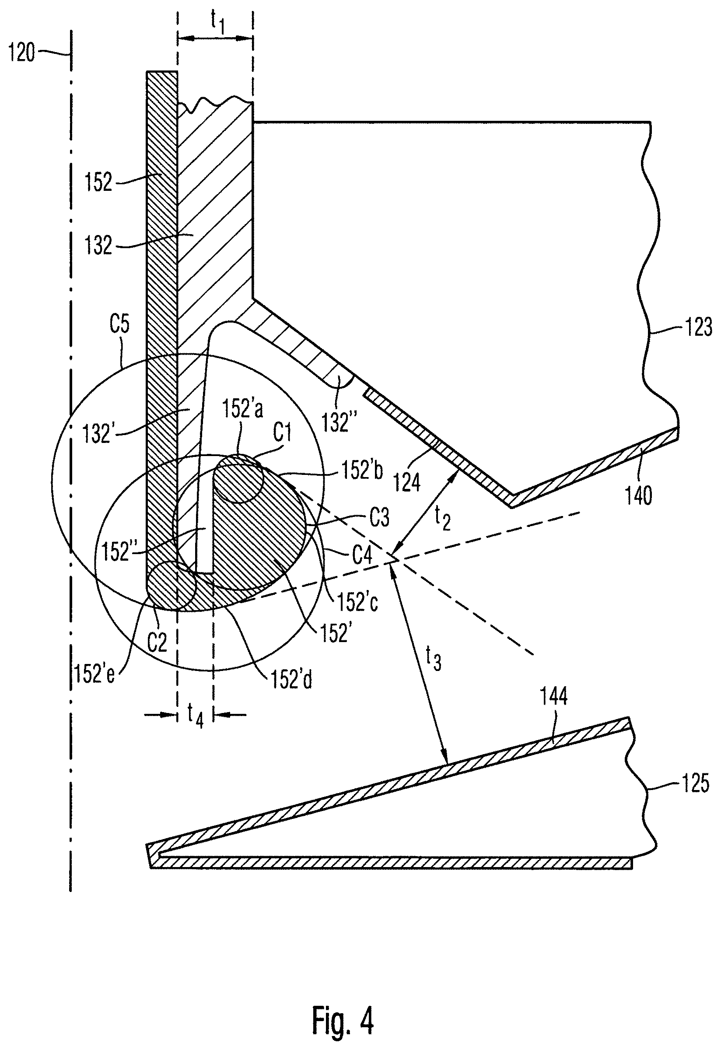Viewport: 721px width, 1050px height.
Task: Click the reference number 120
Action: [22, 53]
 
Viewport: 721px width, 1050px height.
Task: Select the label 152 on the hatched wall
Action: [98, 182]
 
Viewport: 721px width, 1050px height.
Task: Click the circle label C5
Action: [119, 326]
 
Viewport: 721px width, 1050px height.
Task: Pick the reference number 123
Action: [698, 327]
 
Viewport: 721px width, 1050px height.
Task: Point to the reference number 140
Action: [639, 495]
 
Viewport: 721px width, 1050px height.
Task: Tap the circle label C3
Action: [379, 518]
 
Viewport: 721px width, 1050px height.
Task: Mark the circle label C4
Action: [362, 555]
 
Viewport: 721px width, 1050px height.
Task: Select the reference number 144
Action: [554, 696]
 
